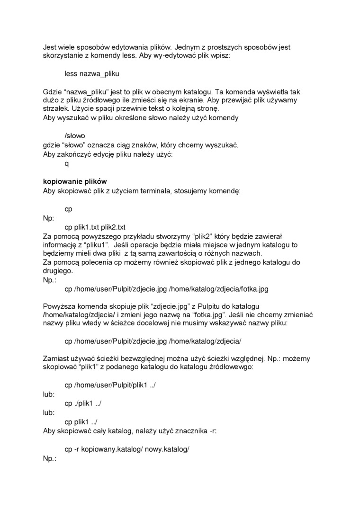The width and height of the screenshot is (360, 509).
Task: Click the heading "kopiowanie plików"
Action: coord(75,181)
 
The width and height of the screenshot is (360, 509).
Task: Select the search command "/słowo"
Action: coord(75,135)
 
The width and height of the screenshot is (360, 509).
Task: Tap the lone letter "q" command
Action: coord(67,163)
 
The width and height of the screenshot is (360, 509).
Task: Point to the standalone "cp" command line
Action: coord(68,208)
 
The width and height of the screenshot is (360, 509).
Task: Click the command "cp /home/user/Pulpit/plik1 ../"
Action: coord(110,385)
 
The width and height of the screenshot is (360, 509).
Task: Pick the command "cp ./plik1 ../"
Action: coord(83,403)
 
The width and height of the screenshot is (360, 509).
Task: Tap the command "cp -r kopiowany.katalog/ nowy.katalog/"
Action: coord(126,449)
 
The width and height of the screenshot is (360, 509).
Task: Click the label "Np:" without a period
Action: coord(49,218)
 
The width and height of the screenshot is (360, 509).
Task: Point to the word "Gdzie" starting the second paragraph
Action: coord(52,91)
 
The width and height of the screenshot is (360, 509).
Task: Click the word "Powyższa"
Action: coord(58,306)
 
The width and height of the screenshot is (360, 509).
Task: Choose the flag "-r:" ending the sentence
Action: coord(213,430)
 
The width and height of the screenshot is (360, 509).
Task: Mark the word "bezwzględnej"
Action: coord(134,358)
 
